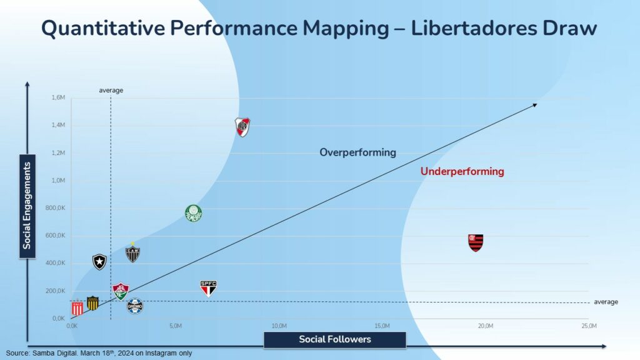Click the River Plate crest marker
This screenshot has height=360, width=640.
pyautogui.click(x=242, y=127)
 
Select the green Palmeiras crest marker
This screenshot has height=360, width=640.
pyautogui.click(x=194, y=214)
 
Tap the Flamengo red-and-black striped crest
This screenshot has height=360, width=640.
pyautogui.click(x=476, y=242)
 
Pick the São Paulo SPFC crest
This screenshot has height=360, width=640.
pyautogui.click(x=208, y=287)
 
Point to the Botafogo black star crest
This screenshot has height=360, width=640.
pyautogui.click(x=99, y=261)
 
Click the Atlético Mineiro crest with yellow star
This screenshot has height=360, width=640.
pyautogui.click(x=132, y=253)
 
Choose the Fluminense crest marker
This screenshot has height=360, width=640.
pyautogui.click(x=120, y=291)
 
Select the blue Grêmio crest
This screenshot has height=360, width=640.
pyautogui.click(x=135, y=306)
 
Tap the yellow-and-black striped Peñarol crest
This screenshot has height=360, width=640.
pyautogui.click(x=92, y=303)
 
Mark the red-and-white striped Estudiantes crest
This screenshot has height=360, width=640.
pyautogui.click(x=77, y=308)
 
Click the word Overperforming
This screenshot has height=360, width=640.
pyautogui.click(x=357, y=152)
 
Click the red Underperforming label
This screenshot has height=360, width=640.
pyautogui.click(x=462, y=171)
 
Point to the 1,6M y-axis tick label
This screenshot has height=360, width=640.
pyautogui.click(x=57, y=97)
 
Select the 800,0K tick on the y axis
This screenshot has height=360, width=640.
pyautogui.click(x=55, y=208)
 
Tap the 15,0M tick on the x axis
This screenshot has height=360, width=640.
pyautogui.click(x=382, y=326)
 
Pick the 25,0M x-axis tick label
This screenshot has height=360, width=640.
pyautogui.click(x=589, y=326)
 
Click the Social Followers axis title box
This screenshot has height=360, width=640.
pyautogui.click(x=335, y=339)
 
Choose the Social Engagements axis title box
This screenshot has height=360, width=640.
pyautogui.click(x=27, y=206)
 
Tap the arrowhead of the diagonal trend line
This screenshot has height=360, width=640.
pyautogui.click(x=535, y=104)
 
